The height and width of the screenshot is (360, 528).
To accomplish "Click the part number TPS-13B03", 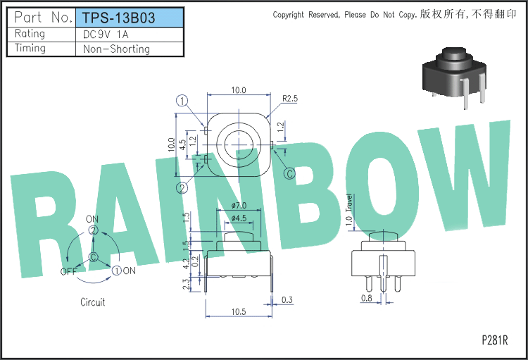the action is (x=118, y=18).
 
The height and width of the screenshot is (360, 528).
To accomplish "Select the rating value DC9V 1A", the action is (x=106, y=35).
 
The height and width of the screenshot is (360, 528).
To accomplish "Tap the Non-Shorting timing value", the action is (x=116, y=49).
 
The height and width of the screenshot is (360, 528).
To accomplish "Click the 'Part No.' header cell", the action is (x=44, y=17).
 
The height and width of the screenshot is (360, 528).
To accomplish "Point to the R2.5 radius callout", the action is (x=290, y=99).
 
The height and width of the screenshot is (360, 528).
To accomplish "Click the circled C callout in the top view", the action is (x=289, y=173).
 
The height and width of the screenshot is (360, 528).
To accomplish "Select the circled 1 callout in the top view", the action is (x=182, y=101).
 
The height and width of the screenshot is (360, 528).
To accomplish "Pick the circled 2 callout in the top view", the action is (x=182, y=188).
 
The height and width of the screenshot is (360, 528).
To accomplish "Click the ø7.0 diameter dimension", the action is (x=239, y=205).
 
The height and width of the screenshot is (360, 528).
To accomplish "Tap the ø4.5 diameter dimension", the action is (x=239, y=218).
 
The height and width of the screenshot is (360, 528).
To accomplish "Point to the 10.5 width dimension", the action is (x=239, y=311).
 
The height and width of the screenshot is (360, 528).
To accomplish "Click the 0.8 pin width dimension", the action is (x=367, y=298).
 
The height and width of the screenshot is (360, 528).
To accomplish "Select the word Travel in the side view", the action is (x=349, y=203).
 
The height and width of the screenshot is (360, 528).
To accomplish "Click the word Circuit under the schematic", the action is (x=93, y=302).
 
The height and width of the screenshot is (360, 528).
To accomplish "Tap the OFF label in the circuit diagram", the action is (x=68, y=271).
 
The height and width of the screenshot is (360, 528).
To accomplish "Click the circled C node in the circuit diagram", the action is (x=93, y=257).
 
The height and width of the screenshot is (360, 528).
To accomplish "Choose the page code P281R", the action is (x=495, y=340).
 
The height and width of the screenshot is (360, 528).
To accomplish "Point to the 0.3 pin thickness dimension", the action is (x=287, y=299).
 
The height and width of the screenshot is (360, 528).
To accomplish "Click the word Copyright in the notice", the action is (x=288, y=15).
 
